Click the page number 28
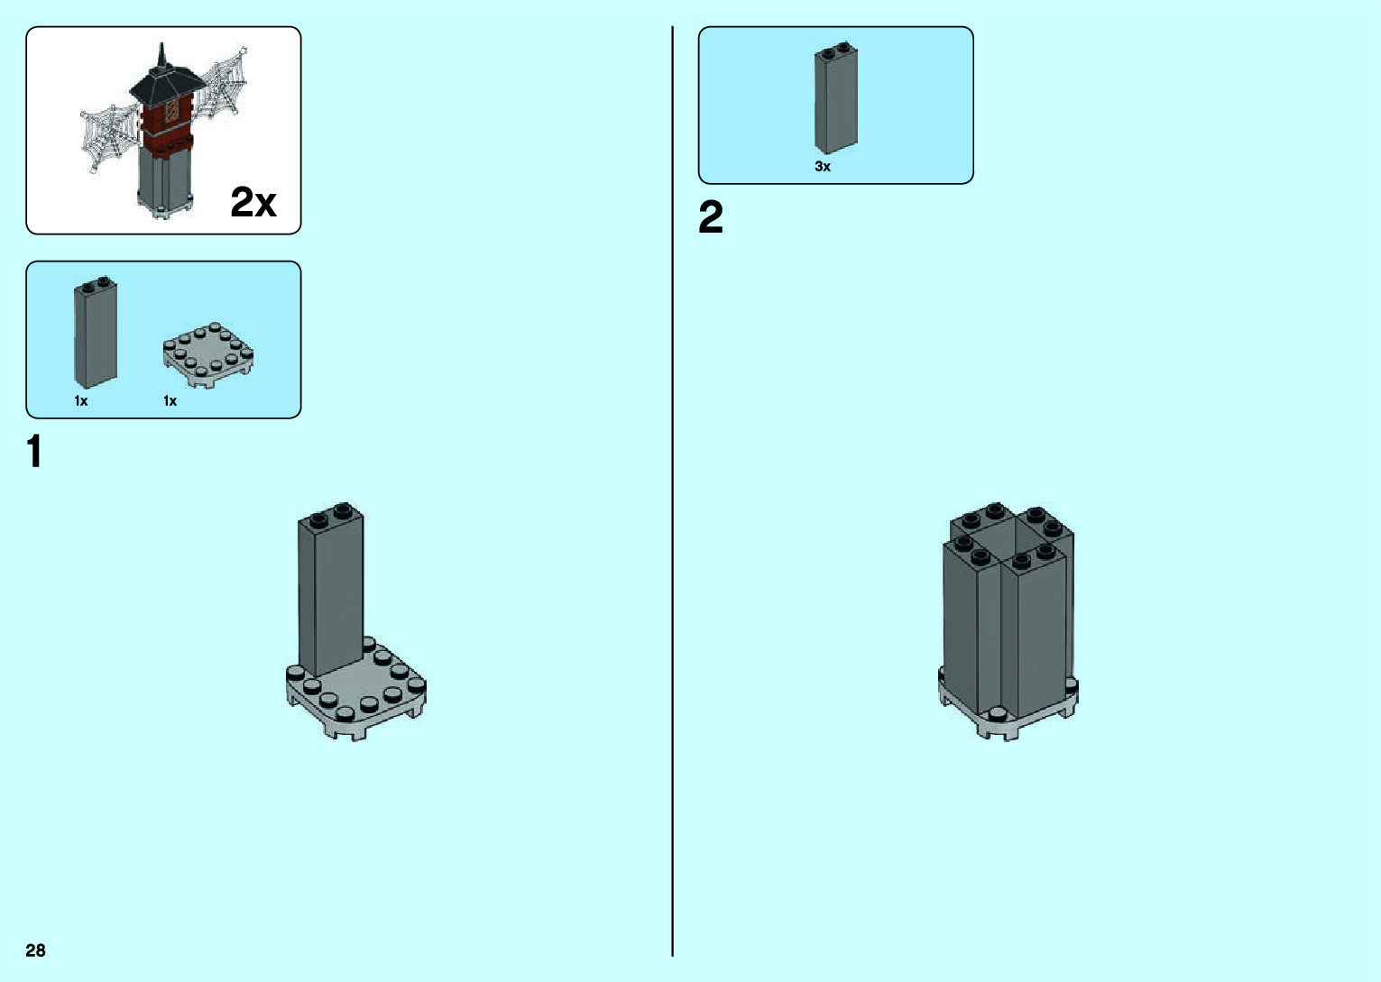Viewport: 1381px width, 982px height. tap(35, 950)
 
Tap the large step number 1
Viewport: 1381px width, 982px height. tap(34, 452)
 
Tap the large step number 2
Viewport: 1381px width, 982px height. tap(711, 218)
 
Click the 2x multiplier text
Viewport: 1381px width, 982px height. tap(253, 202)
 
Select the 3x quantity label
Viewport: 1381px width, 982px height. tap(823, 167)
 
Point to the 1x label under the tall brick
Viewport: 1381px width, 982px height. tap(81, 401)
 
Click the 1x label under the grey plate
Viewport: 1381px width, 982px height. tap(170, 401)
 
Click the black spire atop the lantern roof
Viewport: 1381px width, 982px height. tap(162, 57)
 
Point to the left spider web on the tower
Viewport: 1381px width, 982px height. tap(111, 135)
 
